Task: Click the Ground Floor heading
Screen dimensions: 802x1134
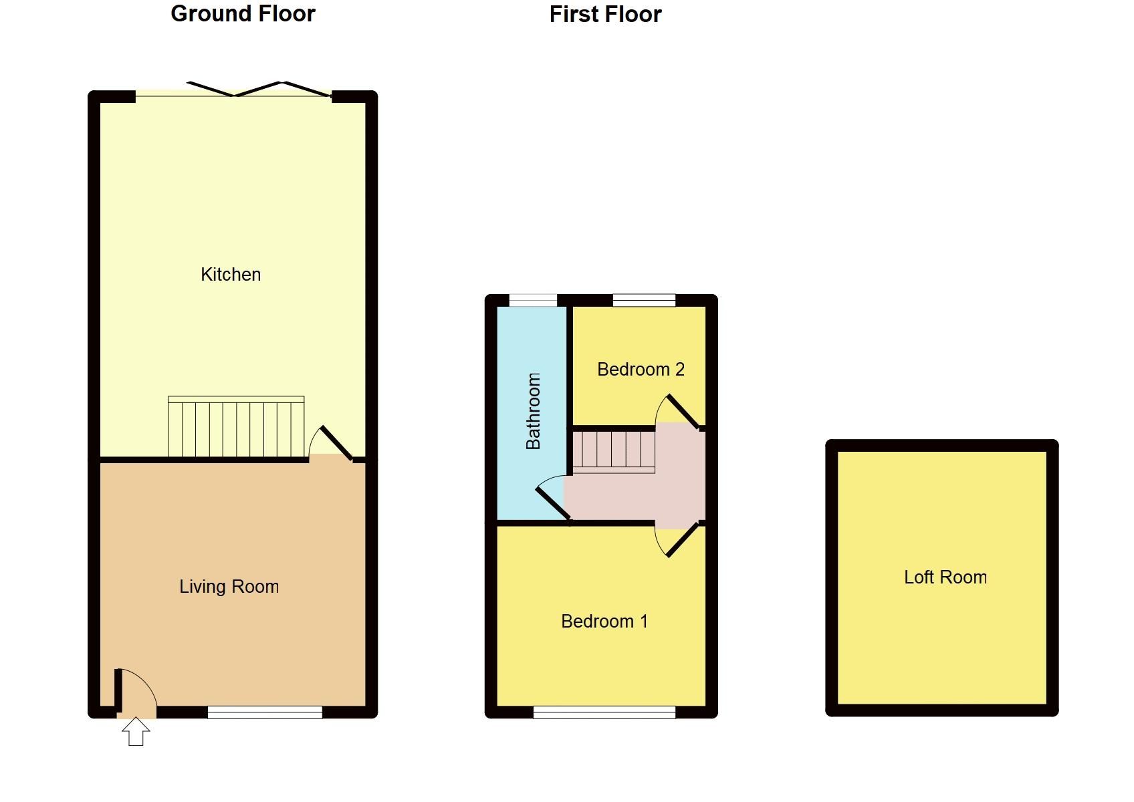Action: pos(243,14)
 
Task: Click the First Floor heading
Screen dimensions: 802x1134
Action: pos(605,15)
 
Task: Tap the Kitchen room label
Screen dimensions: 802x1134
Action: pos(231,274)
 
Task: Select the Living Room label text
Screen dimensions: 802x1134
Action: pos(229,587)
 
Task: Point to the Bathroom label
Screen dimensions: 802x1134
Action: pos(533,411)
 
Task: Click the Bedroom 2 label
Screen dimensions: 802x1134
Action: pos(641,370)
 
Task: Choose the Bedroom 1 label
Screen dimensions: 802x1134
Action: pos(604,622)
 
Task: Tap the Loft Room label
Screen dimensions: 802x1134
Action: pos(945,577)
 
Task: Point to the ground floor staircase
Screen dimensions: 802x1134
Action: pos(236,427)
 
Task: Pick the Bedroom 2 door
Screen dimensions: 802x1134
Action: pos(681,410)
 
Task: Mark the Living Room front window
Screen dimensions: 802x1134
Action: pos(265,712)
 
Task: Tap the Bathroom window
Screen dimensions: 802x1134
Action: pos(533,300)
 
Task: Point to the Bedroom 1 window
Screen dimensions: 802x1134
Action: pos(604,712)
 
